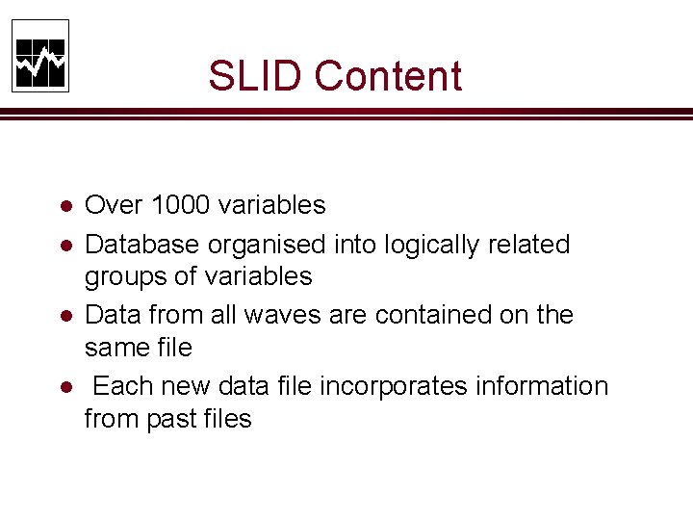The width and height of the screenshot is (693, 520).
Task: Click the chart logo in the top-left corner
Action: click(40, 56)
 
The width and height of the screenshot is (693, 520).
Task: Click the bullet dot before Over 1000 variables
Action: click(64, 206)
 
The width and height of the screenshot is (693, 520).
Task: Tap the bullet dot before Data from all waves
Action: click(64, 316)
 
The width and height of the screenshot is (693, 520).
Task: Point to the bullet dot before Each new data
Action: click(64, 387)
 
